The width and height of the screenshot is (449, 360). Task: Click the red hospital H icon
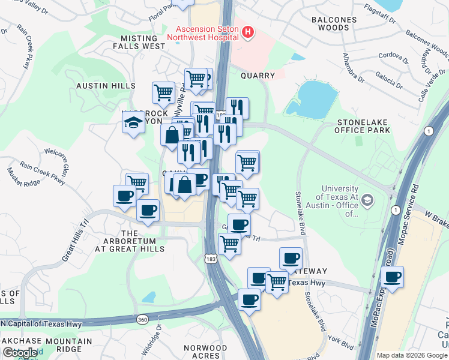coord(247,32)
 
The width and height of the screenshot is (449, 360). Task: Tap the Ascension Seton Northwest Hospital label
coord(207,31)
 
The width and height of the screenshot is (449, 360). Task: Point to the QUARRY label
coord(258,76)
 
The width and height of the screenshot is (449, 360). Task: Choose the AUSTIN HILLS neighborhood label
coord(106,86)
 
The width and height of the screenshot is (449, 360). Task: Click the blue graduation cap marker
coord(133,124)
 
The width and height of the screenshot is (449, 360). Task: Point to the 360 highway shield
coord(142,318)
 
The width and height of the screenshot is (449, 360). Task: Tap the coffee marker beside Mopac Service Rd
coord(393,277)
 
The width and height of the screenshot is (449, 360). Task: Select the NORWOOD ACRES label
coord(206,352)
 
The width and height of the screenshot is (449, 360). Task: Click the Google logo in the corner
coord(20,352)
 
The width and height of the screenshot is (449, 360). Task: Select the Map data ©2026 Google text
coord(412,355)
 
